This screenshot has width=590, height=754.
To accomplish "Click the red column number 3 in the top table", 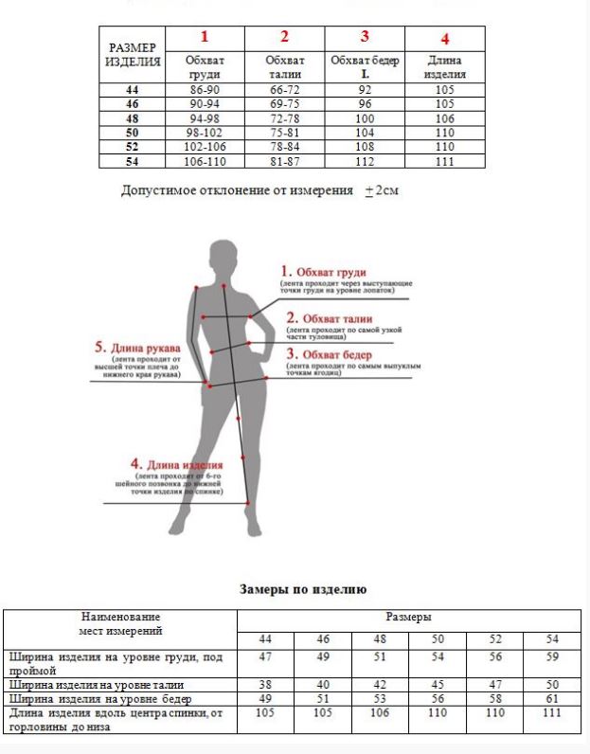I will [365, 37].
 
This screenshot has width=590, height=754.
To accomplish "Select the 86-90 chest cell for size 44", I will [205, 90].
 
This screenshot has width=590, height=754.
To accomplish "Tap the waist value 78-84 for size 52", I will [284, 148].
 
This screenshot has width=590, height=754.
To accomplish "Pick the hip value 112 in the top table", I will [365, 162].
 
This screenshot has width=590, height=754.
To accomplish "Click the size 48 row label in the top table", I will [133, 118].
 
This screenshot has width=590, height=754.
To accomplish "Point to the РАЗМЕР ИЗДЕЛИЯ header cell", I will [133, 54].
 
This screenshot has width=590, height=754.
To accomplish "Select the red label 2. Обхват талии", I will [330, 318].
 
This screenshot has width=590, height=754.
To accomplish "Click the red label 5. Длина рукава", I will [137, 348].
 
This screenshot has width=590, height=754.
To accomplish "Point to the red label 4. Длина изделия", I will [177, 465].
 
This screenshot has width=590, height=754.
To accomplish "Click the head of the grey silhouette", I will [223, 257].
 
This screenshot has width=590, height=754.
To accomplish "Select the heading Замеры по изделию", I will [301, 589].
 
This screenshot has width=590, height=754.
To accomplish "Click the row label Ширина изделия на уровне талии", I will [96, 684].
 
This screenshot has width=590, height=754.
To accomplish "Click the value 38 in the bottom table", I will [265, 684].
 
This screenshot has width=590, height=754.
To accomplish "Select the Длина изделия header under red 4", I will [444, 67].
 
